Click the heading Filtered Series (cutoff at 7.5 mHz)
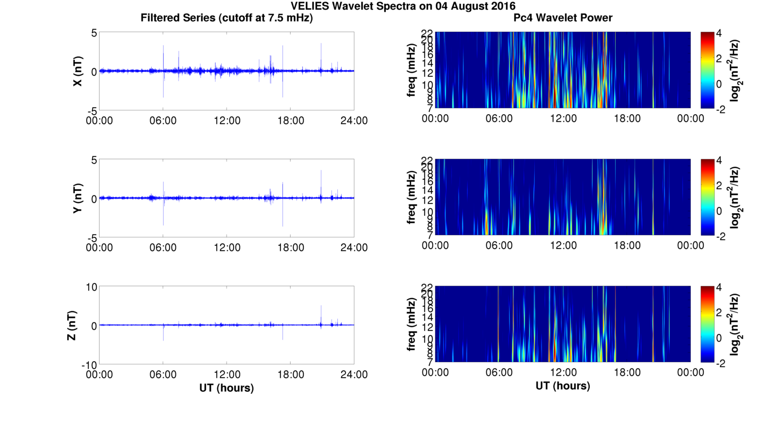[227, 18]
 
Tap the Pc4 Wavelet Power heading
[563, 18]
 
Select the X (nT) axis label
[77, 71]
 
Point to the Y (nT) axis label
[77, 199]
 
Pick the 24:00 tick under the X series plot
[354, 120]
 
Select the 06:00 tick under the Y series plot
[163, 248]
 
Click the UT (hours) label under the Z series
[227, 387]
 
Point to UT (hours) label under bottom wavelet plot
[563, 386]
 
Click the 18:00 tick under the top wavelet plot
[627, 118]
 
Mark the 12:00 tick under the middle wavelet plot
[563, 245]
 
